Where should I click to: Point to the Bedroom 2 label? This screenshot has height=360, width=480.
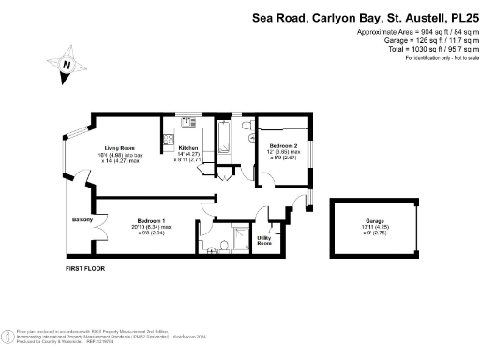pyautogui.click(x=284, y=146)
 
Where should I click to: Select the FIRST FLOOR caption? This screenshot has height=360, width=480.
pyautogui.click(x=85, y=269)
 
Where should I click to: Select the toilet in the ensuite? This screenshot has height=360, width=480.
pyautogui.click(x=216, y=247)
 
